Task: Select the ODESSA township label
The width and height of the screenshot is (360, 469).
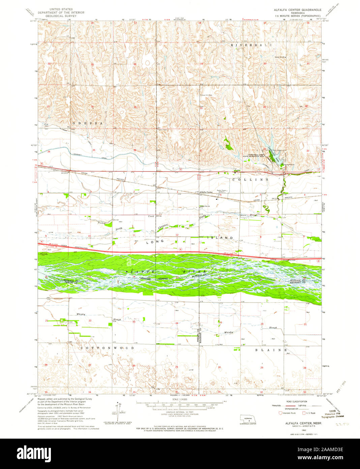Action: coord(86,123)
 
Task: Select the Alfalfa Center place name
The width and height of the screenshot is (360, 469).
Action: coord(206,192)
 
